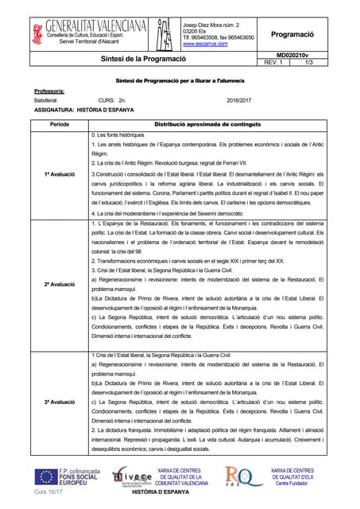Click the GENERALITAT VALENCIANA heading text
[x=85, y=26]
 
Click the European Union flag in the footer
[x=45, y=477]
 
